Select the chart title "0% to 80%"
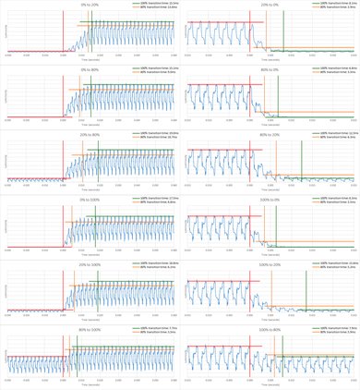[x=90, y=69]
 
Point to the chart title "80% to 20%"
[x=270, y=135]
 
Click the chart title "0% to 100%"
[x=90, y=200]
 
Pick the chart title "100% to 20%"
[x=270, y=264]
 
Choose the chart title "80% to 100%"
[x=90, y=329]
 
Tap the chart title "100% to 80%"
[x=270, y=329]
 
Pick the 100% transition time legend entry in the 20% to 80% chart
[x=160, y=133]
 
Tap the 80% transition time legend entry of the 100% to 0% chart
[x=341, y=202]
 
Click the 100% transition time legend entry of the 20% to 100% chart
[x=160, y=263]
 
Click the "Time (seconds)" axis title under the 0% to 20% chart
[x=90, y=63]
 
